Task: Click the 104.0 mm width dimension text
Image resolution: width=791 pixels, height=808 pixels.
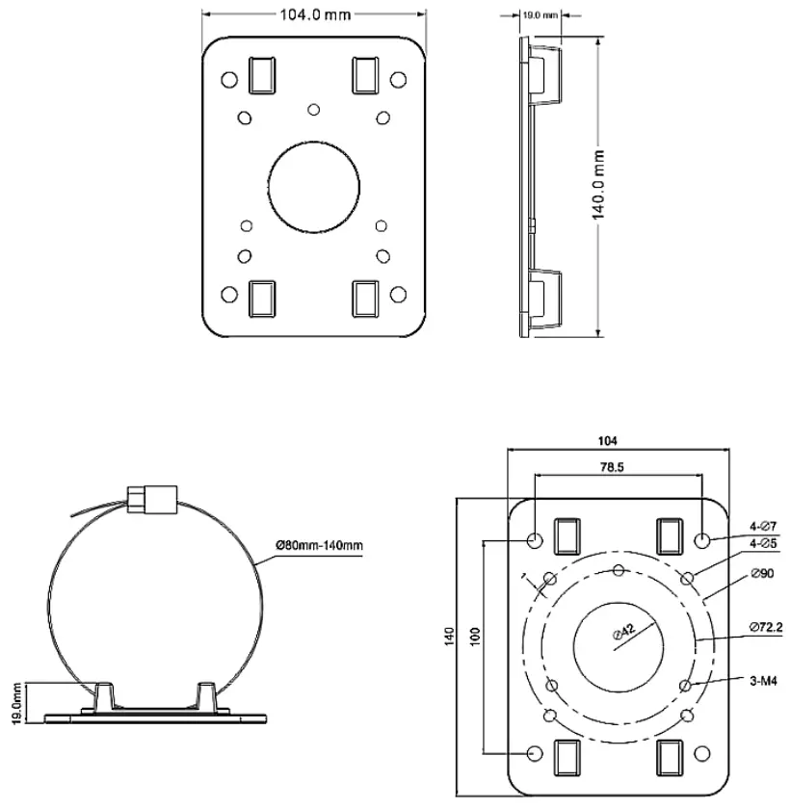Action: [x=314, y=15]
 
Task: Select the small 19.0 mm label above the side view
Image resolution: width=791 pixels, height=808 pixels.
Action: [x=539, y=15]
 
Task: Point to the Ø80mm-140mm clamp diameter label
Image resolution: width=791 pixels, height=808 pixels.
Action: [x=319, y=546]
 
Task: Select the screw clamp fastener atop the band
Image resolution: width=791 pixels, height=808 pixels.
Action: [x=152, y=498]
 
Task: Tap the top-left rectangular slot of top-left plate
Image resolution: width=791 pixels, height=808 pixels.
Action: [x=262, y=74]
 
